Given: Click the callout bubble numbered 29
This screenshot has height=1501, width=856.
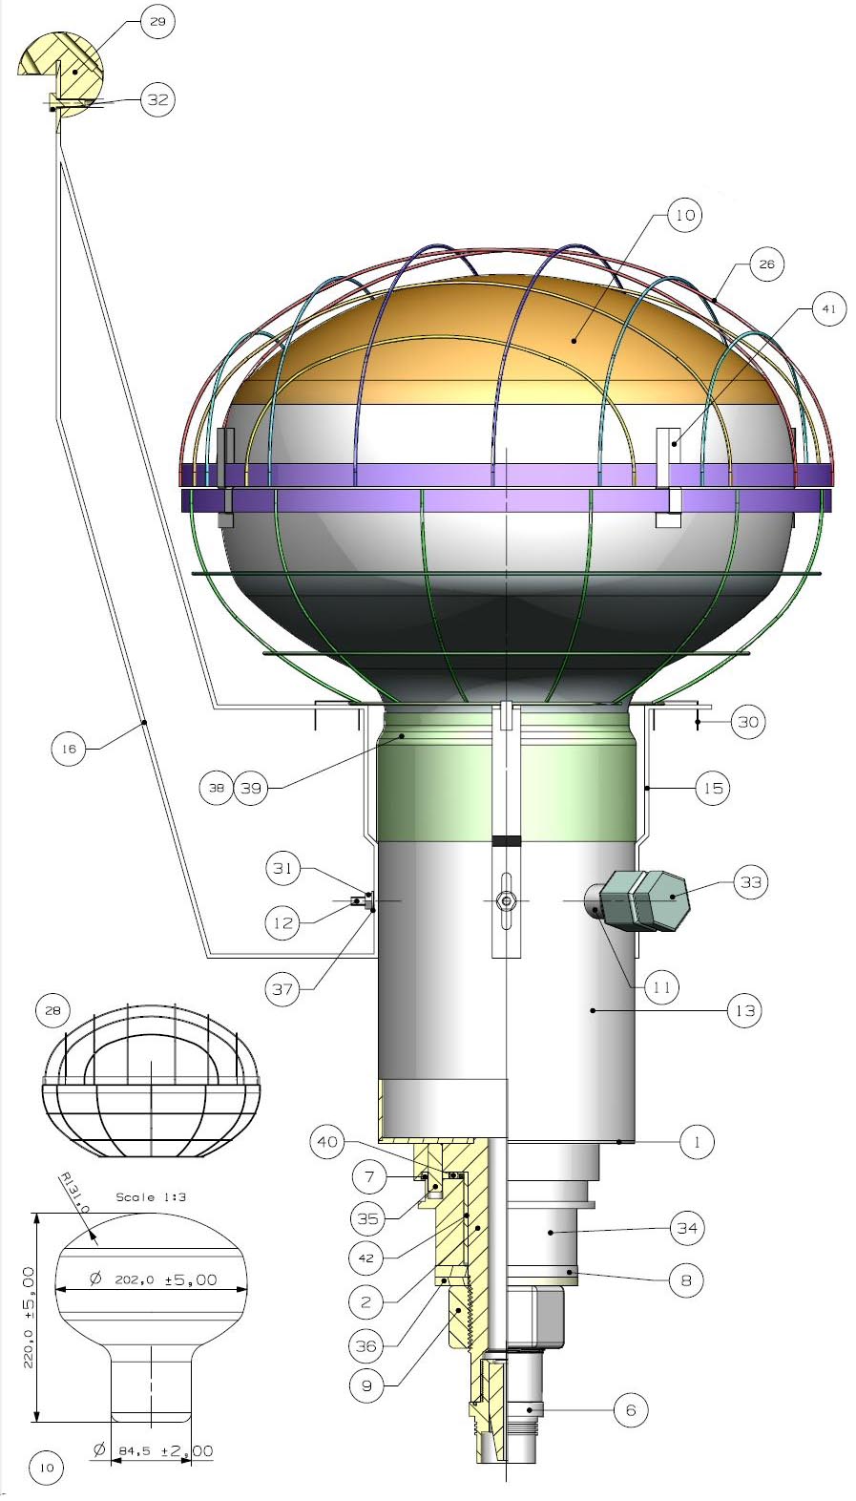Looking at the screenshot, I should [157, 21].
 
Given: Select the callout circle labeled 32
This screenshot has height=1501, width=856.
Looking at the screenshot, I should [157, 99].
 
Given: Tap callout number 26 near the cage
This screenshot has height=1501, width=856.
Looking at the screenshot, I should [766, 264].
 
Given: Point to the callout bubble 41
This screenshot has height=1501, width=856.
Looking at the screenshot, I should [828, 308].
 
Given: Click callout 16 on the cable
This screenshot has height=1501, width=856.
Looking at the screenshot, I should [69, 750].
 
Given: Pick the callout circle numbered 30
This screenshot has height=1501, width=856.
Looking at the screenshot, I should [748, 722].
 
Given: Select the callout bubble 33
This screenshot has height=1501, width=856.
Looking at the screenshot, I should [751, 881].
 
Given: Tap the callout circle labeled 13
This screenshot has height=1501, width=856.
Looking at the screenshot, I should [744, 1010].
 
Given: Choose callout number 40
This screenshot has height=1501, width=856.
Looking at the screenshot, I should [327, 1142].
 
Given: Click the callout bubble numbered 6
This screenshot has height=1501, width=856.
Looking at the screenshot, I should [630, 1409].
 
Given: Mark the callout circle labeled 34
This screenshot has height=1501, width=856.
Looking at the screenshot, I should [687, 1228].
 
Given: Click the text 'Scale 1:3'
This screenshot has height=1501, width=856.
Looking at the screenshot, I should [149, 1196].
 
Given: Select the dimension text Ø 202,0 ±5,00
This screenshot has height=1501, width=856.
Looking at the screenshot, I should [153, 1279].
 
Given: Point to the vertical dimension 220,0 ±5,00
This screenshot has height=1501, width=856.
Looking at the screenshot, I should [29, 1318].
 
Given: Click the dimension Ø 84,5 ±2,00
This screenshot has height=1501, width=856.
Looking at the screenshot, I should [153, 1451].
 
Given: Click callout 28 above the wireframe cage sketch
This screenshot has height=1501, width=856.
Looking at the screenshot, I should [52, 1010].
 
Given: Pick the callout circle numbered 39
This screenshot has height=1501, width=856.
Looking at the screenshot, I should [251, 788].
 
